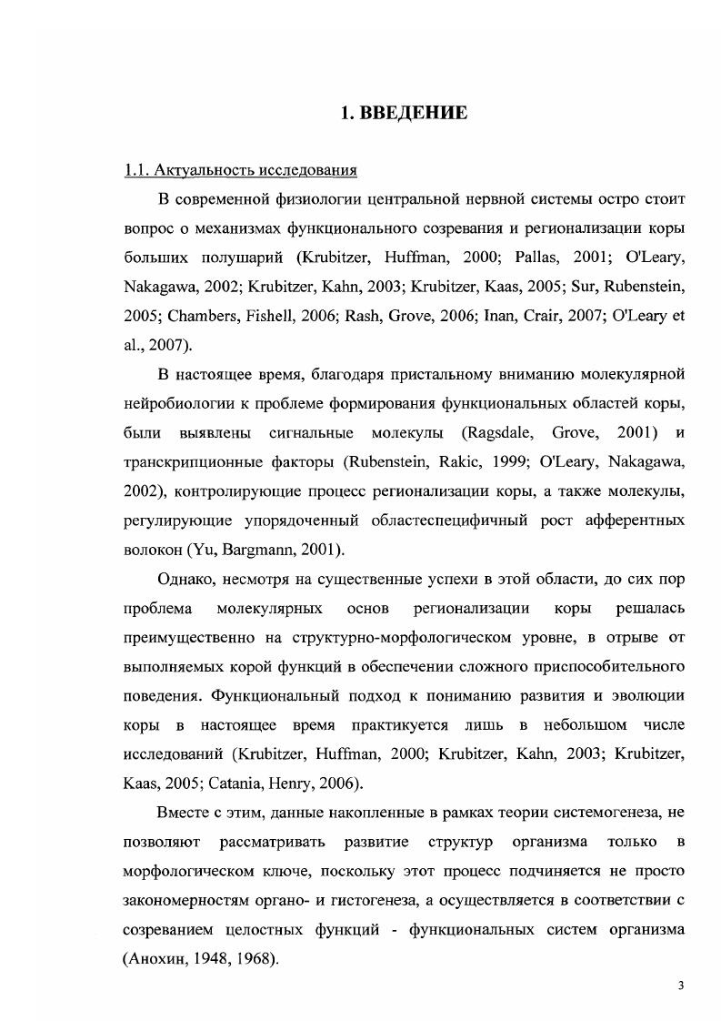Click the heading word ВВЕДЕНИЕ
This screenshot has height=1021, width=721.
pyautogui.click(x=416, y=114)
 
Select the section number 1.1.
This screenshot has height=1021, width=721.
pyautogui.click(x=135, y=170)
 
